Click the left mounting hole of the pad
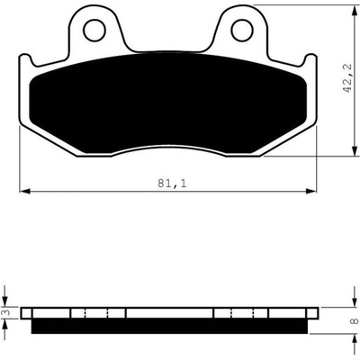[94, 30]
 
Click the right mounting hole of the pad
[242, 30]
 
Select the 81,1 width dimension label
[172, 184]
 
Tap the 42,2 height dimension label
[347, 78]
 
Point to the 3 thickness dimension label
[7, 312]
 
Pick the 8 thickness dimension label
[355, 321]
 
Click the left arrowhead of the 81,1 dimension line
[24, 191]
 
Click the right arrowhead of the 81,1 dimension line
[311, 191]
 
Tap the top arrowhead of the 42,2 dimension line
[353, 11]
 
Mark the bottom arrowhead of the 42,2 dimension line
[353, 150]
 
